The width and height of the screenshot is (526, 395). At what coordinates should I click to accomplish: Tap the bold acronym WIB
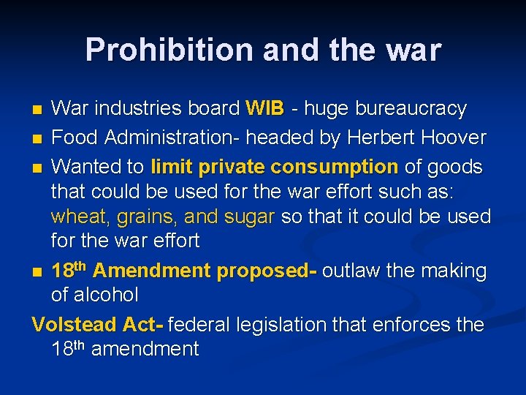point(264,109)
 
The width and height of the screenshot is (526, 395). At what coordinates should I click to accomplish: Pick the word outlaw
point(351,271)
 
